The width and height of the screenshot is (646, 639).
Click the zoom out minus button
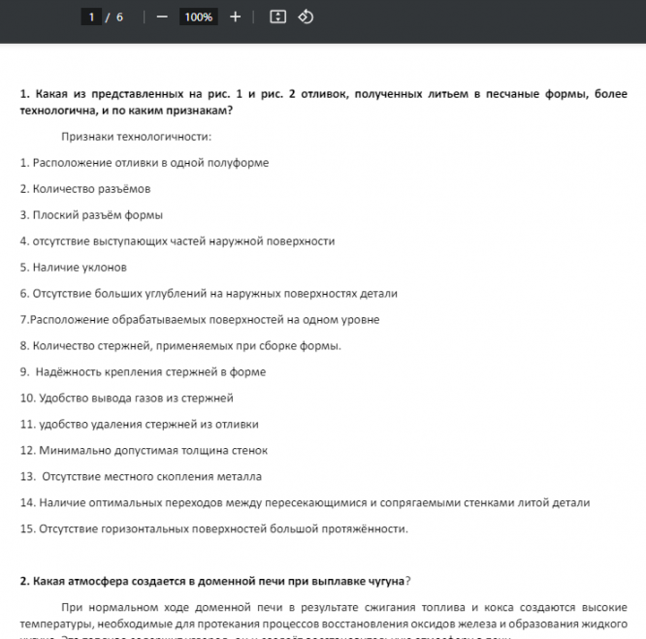tap(162, 17)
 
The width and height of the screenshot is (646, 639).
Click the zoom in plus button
tap(235, 17)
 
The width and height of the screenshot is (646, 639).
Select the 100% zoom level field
tap(198, 17)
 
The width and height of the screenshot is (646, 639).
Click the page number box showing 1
tap(92, 17)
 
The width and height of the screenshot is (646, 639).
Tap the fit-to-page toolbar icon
tap(277, 17)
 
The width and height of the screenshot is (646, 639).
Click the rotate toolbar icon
tap(306, 17)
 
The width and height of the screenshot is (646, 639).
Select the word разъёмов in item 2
tap(126, 189)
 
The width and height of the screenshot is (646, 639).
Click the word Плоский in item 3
tap(53, 215)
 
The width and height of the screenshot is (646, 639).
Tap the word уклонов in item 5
tap(106, 268)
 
